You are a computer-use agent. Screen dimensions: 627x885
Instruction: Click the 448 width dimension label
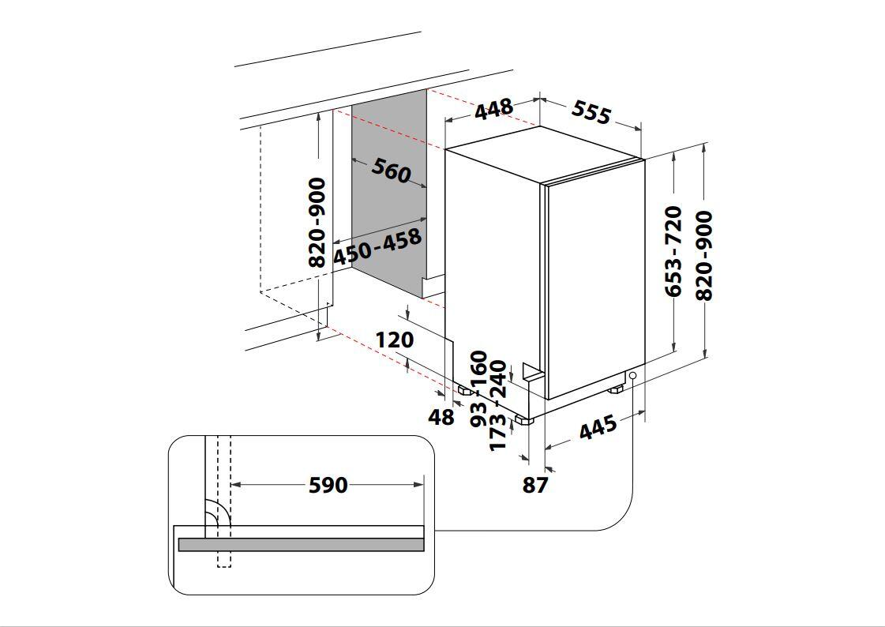point(493,109)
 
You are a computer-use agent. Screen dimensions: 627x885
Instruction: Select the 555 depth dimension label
point(591,112)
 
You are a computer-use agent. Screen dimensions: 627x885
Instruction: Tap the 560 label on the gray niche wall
point(391,170)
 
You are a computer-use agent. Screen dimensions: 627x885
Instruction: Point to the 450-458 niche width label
point(377,247)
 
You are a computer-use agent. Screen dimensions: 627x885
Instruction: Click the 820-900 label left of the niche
point(317,223)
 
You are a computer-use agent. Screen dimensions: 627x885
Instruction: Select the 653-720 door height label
point(673,251)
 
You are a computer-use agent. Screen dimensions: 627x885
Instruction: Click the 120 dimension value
point(394,340)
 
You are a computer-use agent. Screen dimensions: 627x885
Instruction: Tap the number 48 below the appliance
point(441,417)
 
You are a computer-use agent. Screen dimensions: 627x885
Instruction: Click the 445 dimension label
point(598,429)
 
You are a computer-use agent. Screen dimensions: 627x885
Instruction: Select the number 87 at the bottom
point(534,485)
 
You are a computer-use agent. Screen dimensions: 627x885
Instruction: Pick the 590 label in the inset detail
point(327,485)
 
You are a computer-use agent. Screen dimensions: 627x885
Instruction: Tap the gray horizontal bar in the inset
point(301,545)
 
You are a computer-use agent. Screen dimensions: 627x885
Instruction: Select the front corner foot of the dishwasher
point(523,419)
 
